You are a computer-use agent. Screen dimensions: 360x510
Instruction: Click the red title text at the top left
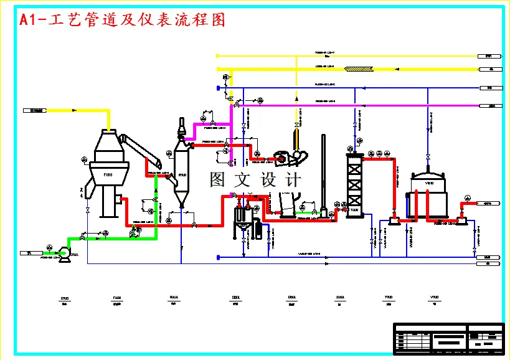[122, 20]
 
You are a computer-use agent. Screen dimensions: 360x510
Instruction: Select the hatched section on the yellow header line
[359, 69]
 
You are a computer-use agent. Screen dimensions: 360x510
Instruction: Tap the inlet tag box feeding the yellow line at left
[35, 110]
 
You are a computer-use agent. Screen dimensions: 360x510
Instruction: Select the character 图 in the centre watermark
[217, 180]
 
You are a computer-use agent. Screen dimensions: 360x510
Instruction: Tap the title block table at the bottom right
[448, 338]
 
